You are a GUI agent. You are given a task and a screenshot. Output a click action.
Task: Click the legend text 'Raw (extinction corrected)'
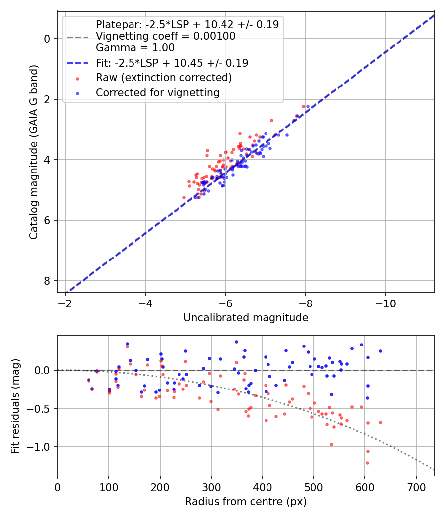click(x=164, y=78)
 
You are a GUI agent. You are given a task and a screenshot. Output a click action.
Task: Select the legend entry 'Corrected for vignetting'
click(x=158, y=92)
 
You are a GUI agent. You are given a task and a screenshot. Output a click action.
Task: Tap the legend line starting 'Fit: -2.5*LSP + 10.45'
click(x=172, y=63)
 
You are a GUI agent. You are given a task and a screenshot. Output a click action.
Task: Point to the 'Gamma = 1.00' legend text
click(x=135, y=48)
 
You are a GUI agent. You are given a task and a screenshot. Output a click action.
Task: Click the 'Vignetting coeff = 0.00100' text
click(x=166, y=36)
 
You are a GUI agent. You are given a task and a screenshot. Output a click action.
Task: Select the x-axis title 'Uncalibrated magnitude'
click(x=246, y=318)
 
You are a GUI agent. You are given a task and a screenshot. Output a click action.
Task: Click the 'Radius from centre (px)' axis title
click(x=246, y=502)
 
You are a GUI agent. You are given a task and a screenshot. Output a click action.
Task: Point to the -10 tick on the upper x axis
click(x=385, y=303)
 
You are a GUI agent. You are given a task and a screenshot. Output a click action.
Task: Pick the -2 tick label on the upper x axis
click(x=65, y=303)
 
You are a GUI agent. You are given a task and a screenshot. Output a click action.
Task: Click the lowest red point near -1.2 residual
click(x=367, y=463)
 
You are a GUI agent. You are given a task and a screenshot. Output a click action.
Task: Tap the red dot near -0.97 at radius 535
click(x=331, y=444)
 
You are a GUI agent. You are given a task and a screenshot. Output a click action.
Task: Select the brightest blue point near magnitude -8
click(x=308, y=106)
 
